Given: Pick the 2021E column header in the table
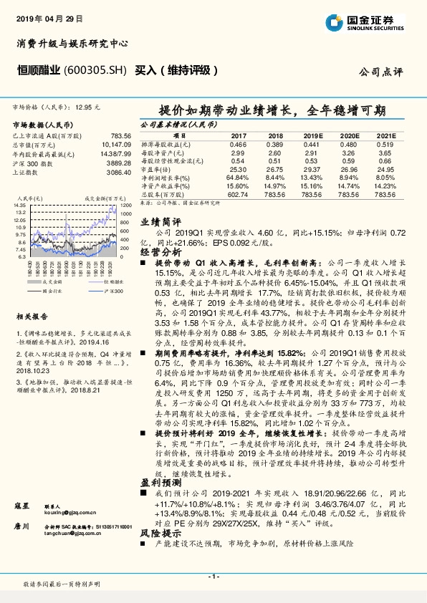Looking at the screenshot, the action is point(385,135).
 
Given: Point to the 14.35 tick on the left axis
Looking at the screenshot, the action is point(20,205).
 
